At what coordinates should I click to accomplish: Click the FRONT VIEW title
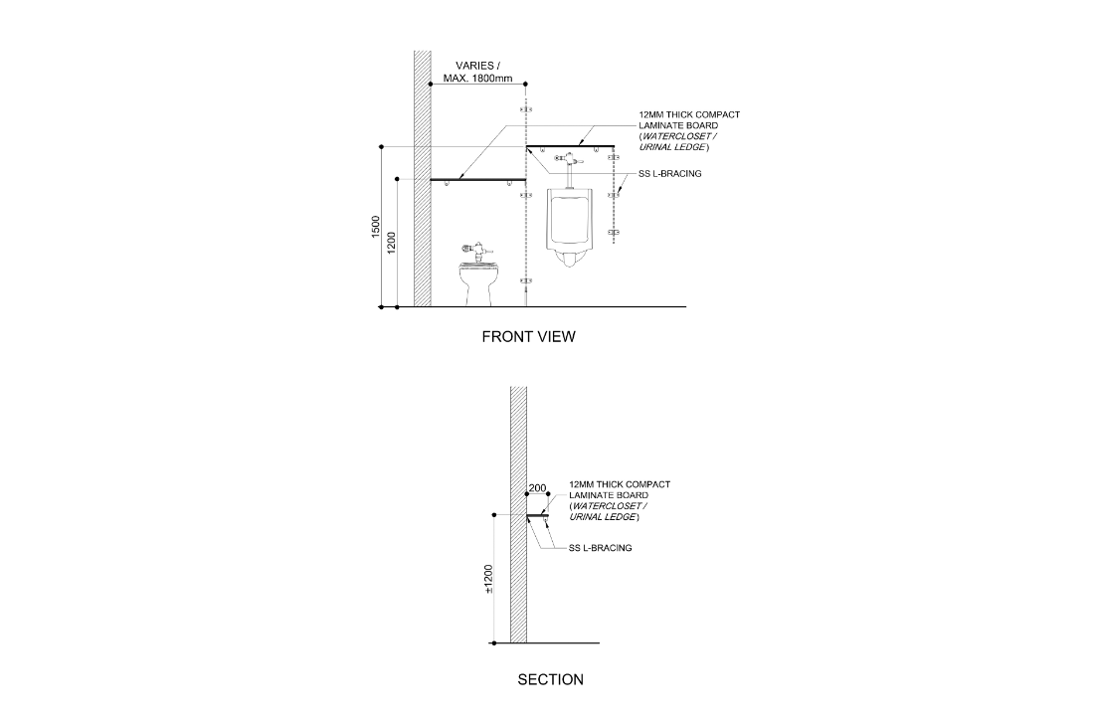[x=528, y=336]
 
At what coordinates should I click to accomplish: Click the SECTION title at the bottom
[x=550, y=680]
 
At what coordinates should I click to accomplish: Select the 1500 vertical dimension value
[x=375, y=227]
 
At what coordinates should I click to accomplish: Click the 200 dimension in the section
[x=538, y=488]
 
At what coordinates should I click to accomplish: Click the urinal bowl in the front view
[x=569, y=224]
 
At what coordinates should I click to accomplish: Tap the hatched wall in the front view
[x=422, y=179]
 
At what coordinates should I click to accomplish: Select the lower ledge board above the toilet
[x=477, y=180]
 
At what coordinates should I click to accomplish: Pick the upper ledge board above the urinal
[x=570, y=146]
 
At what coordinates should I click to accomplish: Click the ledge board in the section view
[x=538, y=515]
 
